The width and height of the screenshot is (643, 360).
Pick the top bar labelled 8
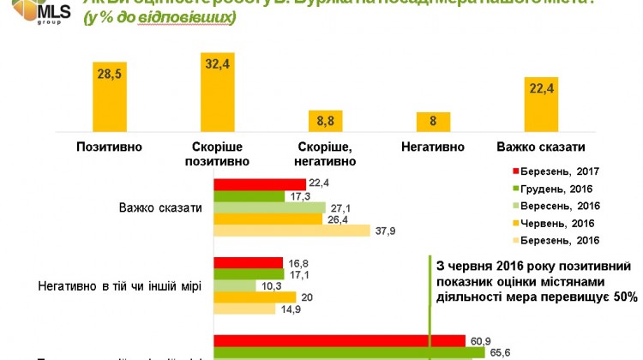433,121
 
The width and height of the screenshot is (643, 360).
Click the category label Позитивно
109,147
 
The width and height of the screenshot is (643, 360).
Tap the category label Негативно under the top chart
433,147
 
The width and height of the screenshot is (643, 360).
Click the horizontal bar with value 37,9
291,231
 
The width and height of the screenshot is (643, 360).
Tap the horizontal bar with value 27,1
269,207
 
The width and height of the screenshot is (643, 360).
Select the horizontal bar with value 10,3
234,285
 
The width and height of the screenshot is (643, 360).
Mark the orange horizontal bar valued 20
255,297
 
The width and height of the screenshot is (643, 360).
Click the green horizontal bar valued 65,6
343,351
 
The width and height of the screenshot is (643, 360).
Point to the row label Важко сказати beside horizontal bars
162,207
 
